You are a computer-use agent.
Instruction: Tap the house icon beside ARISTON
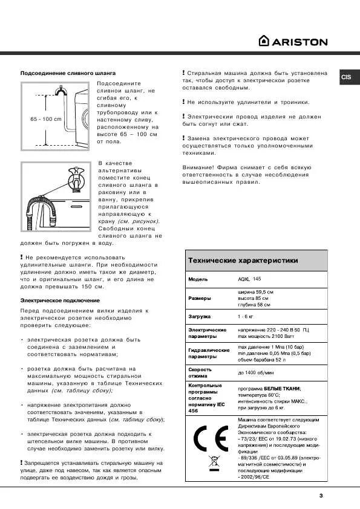(264, 41)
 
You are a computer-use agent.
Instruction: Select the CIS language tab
(346, 77)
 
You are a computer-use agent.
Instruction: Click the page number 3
(321, 496)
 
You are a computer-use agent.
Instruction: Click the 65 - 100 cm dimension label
(46, 119)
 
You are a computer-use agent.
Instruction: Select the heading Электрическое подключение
(60, 300)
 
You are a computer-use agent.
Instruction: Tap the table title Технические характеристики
(243, 261)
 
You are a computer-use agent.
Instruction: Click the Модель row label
(198, 279)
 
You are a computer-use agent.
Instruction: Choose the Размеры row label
(200, 298)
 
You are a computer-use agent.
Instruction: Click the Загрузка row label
(200, 316)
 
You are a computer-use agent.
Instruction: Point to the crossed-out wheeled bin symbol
(212, 465)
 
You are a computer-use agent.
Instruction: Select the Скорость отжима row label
(200, 372)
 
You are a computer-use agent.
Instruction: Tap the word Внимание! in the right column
(196, 167)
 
